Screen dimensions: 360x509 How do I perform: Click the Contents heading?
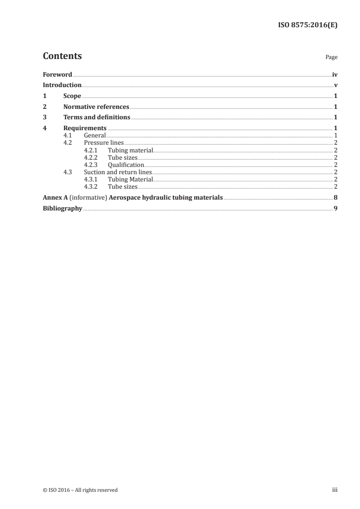tap(62, 56)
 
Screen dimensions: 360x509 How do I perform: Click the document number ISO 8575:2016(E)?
tap(307, 25)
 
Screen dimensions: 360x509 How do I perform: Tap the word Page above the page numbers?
tap(331, 58)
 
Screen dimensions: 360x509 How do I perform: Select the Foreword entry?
tap(57, 74)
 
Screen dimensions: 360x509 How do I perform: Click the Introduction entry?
tap(62, 85)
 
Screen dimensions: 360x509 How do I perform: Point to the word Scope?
tap(72, 96)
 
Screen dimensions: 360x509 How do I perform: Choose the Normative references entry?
tap(96, 107)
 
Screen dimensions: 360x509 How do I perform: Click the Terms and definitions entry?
tap(97, 117)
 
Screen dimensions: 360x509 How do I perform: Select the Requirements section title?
tap(85, 128)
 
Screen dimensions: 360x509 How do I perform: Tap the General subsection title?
tap(95, 135)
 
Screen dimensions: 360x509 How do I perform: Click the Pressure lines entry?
tap(104, 143)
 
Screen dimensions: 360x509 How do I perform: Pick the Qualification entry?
tap(126, 165)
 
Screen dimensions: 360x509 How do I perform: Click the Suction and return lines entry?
tap(118, 172)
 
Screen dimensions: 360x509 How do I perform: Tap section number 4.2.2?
tap(91, 157)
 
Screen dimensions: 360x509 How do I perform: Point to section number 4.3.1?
tap(91, 180)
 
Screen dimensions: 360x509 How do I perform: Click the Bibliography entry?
tap(62, 209)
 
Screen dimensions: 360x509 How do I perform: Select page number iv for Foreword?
tap(335, 74)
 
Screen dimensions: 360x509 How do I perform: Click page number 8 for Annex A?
tap(335, 197)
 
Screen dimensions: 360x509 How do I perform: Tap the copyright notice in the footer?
tap(80, 490)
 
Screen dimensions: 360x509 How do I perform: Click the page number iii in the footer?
tap(335, 490)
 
